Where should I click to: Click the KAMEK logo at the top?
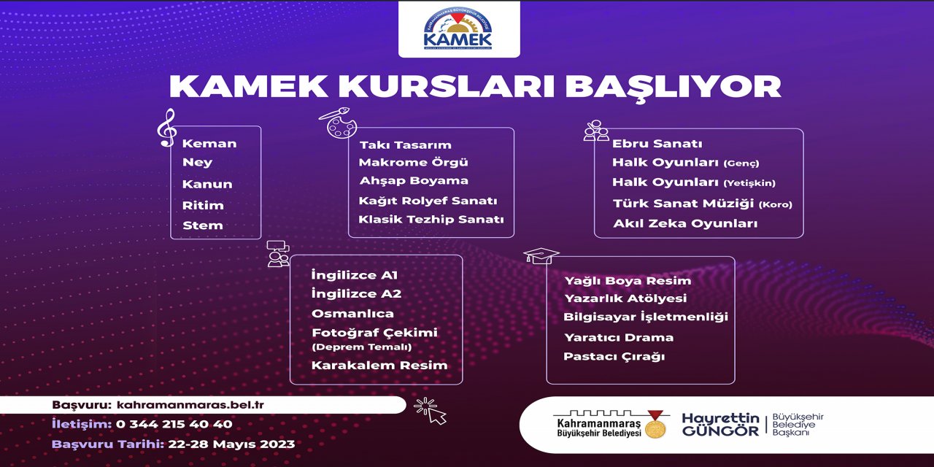[458, 29]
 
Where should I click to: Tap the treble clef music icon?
[167, 128]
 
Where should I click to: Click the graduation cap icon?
[541, 255]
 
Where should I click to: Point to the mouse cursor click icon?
[430, 411]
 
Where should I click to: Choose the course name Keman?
[209, 144]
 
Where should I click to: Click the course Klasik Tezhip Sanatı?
[431, 220]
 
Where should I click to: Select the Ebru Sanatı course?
[657, 144]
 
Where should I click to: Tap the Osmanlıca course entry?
[352, 314]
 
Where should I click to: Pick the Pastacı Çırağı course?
[603, 357]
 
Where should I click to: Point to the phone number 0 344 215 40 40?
[174, 424]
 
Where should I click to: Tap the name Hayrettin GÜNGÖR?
[719, 425]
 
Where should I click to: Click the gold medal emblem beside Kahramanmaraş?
[655, 425]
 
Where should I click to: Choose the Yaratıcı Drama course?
[618, 338]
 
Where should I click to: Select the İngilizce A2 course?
[356, 294]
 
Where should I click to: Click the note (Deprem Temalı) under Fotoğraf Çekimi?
[361, 347]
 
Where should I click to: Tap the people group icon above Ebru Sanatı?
[596, 131]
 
